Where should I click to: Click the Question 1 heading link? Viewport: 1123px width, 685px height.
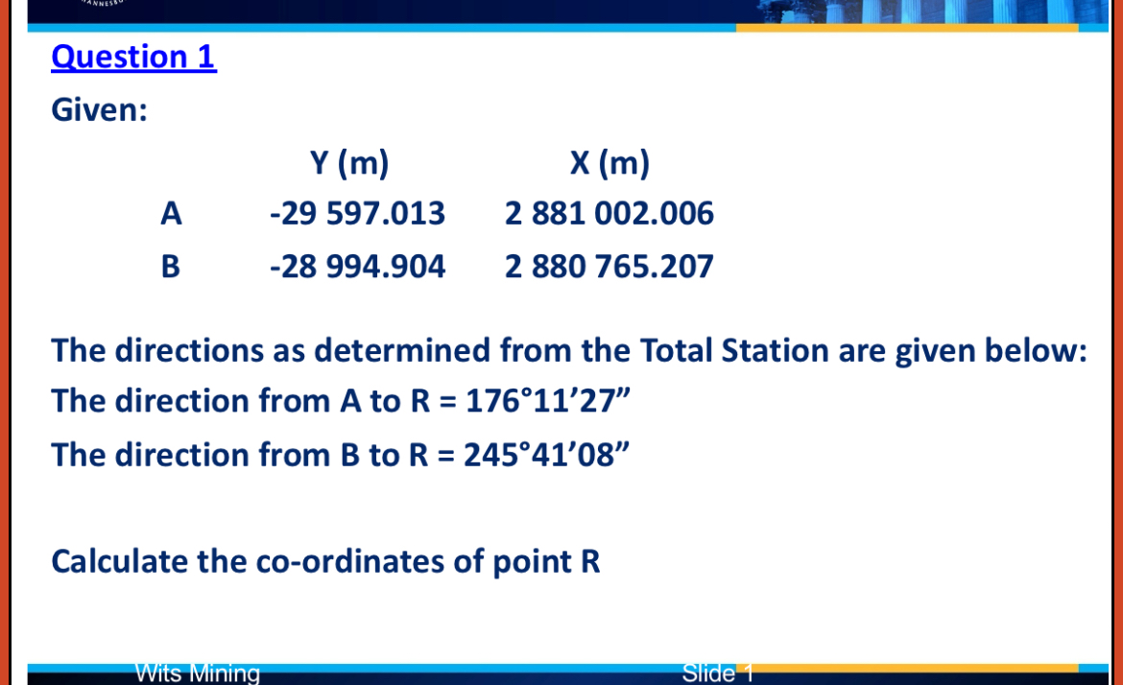[133, 58]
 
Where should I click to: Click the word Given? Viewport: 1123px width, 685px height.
[98, 111]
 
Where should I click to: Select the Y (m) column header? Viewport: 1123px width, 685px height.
[349, 164]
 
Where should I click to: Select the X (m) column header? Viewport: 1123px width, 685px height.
[609, 164]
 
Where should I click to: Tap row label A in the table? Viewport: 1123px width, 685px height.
[171, 213]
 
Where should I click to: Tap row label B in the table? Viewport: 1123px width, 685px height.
[171, 266]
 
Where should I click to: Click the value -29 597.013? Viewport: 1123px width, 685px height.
[357, 213]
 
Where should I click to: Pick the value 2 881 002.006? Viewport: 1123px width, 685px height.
[609, 213]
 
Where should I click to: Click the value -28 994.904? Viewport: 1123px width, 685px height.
[357, 266]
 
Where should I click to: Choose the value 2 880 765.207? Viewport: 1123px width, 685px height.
[609, 266]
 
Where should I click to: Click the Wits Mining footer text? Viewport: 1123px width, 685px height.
[198, 673]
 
